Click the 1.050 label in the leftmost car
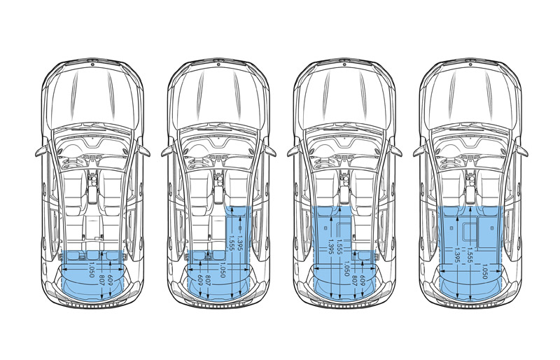click(x=91, y=270)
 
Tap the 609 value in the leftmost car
click(x=110, y=279)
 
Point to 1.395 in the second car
click(x=239, y=243)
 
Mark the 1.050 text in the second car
click(x=222, y=270)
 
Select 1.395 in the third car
click(x=330, y=247)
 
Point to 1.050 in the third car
click(x=346, y=270)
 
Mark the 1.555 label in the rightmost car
click(x=470, y=255)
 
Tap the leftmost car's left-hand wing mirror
click(x=41, y=151)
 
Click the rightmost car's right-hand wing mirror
click(x=521, y=151)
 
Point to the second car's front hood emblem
click(x=218, y=64)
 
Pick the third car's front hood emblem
click(x=344, y=64)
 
